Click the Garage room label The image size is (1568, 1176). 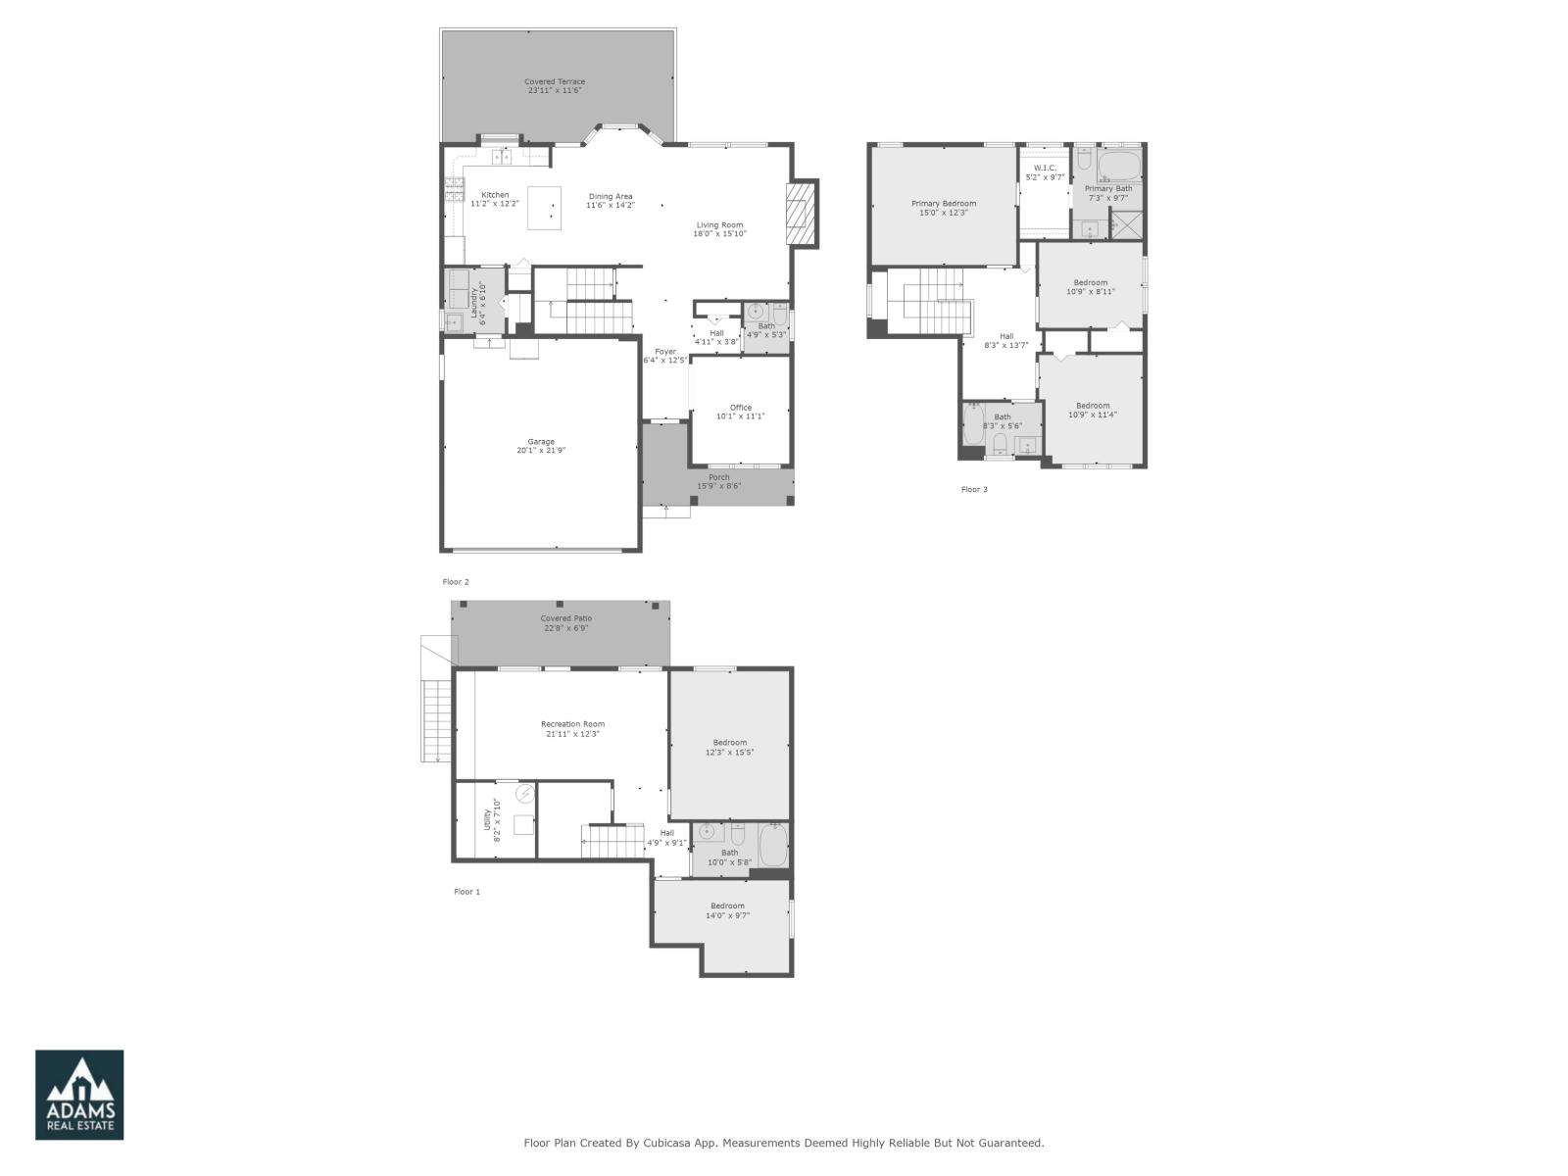[541, 442]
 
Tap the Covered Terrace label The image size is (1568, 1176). [554, 82]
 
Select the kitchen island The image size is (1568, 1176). [545, 208]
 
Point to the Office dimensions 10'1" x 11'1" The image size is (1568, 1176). [740, 416]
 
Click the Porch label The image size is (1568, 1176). [719, 477]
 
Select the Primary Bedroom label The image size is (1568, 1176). [943, 204]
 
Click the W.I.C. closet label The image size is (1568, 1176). [1044, 169]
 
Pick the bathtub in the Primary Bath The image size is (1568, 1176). [1119, 164]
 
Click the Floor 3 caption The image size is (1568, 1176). [973, 489]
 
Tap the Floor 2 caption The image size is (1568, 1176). [456, 582]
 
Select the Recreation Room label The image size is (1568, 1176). [572, 724]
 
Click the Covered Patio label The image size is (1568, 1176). [565, 618]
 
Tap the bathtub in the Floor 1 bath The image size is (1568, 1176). [773, 846]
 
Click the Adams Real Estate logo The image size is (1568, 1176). [79, 1095]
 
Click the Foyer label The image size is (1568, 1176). [665, 352]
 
